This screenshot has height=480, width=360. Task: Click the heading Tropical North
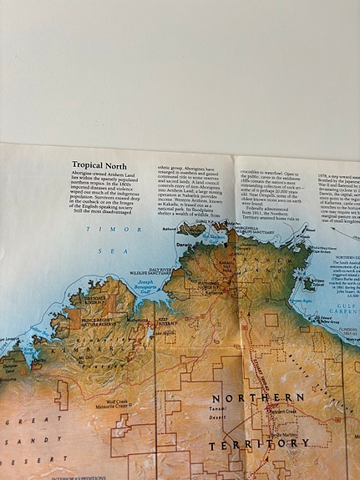pyautogui.click(x=99, y=165)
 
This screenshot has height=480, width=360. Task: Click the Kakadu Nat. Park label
pyautogui.click(x=225, y=268)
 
